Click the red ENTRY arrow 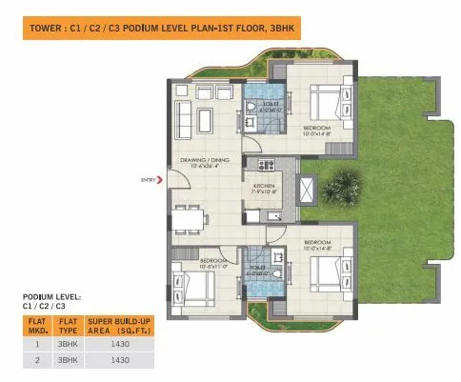tap(160, 178)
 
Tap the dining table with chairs tap(193, 219)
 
